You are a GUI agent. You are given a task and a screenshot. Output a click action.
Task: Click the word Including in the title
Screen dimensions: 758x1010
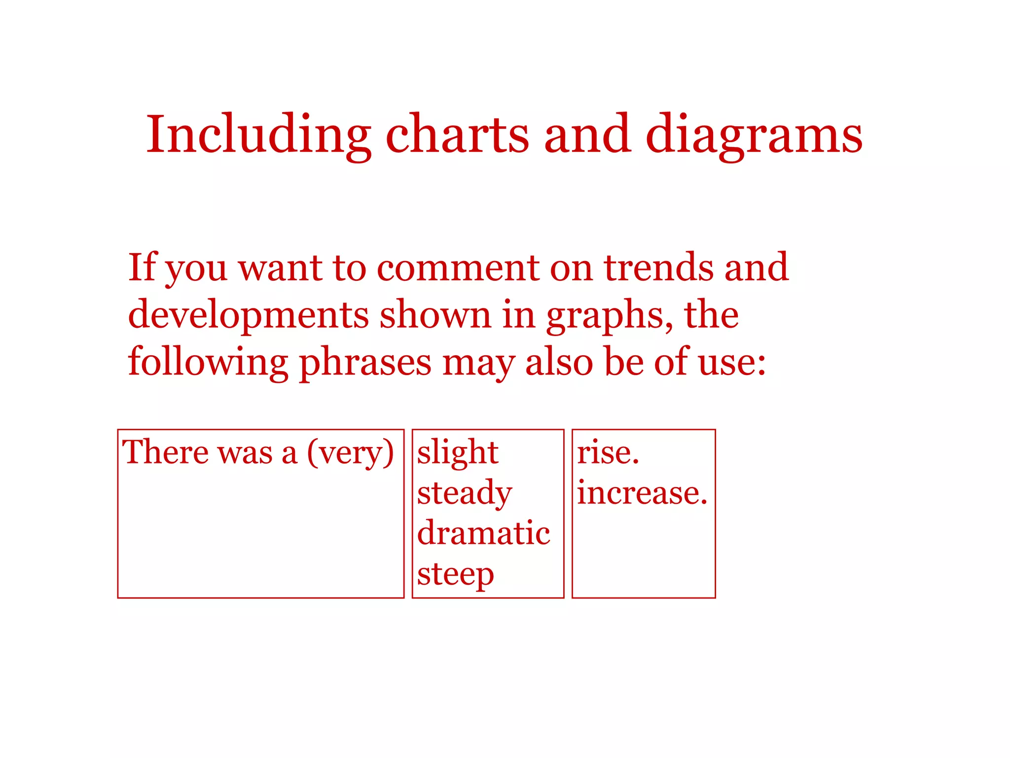coord(258,134)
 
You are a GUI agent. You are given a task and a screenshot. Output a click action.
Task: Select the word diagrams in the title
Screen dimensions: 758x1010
coord(754,134)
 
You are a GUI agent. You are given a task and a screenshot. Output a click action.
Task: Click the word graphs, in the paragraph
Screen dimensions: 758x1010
coord(609,316)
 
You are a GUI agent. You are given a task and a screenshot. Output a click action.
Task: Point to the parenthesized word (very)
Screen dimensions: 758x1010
coord(350,453)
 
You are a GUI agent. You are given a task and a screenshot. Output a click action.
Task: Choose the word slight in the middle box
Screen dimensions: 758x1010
coord(458,453)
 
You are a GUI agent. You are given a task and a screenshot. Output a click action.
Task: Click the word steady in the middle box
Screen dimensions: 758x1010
coord(465,493)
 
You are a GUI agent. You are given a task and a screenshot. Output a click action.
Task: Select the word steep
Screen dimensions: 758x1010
coord(455,575)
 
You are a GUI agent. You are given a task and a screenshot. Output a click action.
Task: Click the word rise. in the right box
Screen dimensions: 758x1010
coord(608,453)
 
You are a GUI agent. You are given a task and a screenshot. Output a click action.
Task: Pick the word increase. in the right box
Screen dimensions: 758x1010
coord(642,493)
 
